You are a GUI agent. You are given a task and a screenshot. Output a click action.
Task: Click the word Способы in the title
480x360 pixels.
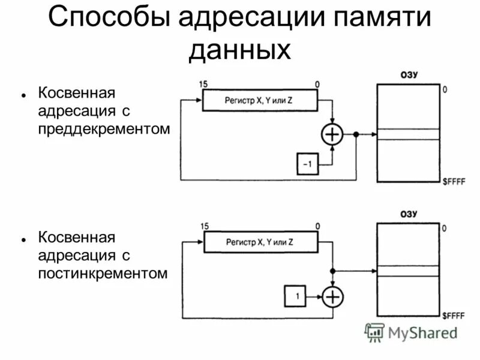[x=109, y=17]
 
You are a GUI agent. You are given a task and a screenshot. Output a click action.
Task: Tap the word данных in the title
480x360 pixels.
[x=239, y=50]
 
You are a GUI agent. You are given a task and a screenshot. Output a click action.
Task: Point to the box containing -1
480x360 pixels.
[x=307, y=164]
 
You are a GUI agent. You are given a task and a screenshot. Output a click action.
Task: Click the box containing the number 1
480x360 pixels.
[x=296, y=296]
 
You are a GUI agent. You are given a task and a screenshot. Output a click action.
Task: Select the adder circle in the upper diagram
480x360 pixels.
[x=332, y=134]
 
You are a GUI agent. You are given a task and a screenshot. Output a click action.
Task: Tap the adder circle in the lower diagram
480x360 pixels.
[x=332, y=296]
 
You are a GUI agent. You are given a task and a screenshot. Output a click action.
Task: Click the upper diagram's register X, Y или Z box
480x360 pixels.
[x=259, y=101]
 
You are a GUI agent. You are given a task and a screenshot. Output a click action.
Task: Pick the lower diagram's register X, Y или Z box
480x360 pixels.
[x=260, y=242]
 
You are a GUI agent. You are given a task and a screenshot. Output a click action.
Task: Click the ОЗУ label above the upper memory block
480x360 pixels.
[x=409, y=74]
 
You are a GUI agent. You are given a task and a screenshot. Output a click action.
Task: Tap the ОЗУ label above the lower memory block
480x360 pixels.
[x=409, y=214]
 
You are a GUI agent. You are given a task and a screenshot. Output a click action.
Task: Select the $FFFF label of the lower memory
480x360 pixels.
[x=453, y=316]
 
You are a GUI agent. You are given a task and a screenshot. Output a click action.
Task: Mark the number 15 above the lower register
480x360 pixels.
[x=205, y=226]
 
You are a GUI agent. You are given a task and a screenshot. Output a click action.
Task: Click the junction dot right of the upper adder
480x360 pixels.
[x=356, y=134]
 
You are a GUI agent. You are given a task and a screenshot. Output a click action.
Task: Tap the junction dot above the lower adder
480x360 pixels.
[x=332, y=271]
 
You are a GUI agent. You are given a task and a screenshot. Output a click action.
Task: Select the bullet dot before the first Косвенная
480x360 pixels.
[x=22, y=95]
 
